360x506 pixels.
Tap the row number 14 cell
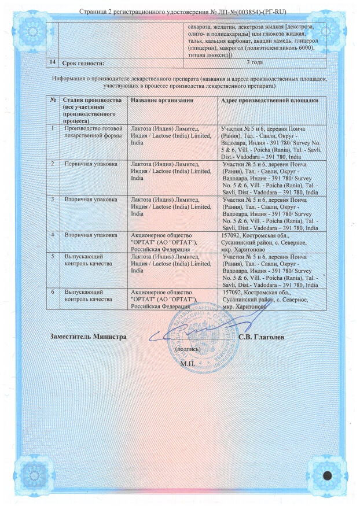tap(54, 62)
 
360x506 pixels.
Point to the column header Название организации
tap(161, 101)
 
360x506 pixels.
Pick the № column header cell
tap(53, 101)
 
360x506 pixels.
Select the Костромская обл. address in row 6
tap(260, 300)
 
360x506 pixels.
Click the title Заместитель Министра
tap(88, 337)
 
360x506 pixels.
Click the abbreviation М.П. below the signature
tap(188, 364)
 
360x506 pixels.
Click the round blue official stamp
tap(200, 335)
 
